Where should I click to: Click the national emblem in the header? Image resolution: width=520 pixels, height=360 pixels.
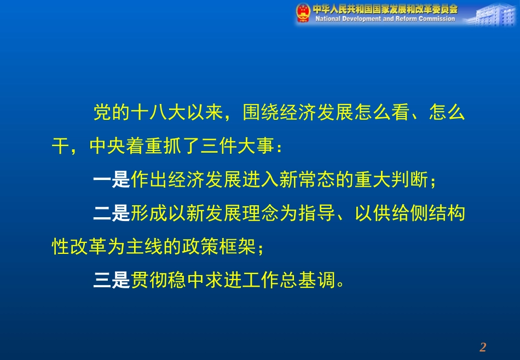click(303, 13)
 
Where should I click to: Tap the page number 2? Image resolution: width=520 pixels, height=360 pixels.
click(482, 347)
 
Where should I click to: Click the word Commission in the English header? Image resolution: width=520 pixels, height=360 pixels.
click(435, 19)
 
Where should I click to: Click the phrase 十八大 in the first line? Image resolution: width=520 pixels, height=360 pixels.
click(158, 113)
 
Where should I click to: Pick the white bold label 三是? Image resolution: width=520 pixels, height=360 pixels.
click(112, 281)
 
